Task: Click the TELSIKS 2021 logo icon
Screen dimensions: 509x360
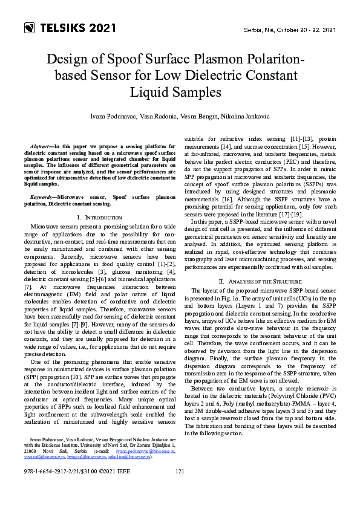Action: coord(30,28)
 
